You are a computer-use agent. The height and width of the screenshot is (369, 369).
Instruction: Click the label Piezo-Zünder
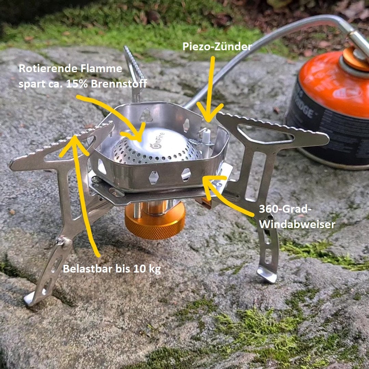point(217,47)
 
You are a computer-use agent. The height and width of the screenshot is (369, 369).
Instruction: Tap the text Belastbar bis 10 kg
point(111,269)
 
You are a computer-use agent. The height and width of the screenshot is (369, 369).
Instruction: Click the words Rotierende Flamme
point(70,69)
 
